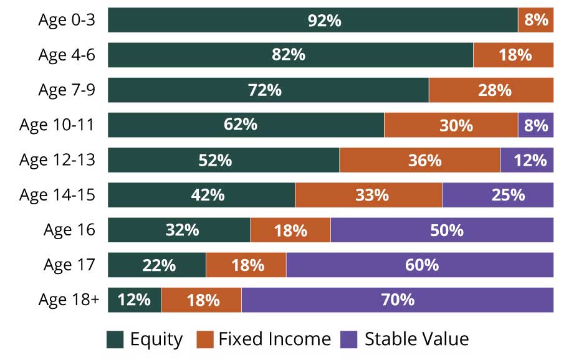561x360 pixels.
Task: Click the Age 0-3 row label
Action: [x=67, y=20]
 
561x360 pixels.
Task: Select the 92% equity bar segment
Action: [x=312, y=20]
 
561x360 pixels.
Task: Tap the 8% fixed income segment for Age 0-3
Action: [x=535, y=20]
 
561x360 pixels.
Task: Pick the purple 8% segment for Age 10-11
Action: [x=535, y=125]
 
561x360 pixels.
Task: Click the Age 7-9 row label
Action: [x=67, y=90]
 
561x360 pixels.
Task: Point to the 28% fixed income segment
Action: [x=491, y=90]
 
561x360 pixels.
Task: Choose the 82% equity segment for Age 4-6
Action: [x=290, y=55]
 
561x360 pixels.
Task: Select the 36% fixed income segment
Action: [x=420, y=159]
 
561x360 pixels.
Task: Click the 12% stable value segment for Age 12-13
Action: [x=527, y=159]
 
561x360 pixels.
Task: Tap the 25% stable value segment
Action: [x=497, y=195]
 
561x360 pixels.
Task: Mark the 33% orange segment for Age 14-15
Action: [x=368, y=195]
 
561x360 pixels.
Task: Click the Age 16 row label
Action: [x=69, y=230]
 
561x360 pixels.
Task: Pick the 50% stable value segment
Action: [x=442, y=230]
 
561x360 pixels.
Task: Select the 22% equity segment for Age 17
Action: [x=156, y=265]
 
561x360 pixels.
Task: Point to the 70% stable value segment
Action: [x=397, y=300]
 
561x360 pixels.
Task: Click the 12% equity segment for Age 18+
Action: [x=134, y=300]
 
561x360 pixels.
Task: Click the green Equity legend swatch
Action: [x=115, y=339]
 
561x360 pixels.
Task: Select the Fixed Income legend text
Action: [x=274, y=339]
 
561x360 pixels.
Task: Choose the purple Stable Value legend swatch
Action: [x=350, y=339]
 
